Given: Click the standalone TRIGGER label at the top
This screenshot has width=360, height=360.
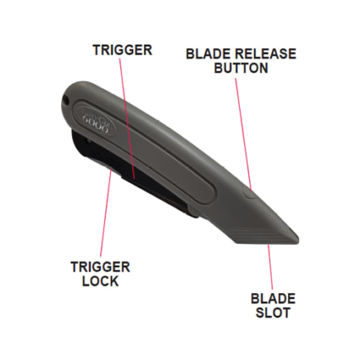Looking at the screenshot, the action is (x=122, y=50).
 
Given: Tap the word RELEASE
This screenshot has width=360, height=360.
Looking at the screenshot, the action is (x=262, y=54).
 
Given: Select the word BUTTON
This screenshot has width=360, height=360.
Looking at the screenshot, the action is (x=241, y=68).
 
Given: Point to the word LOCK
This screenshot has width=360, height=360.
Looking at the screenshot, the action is (x=100, y=281).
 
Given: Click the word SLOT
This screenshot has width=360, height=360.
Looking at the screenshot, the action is (x=273, y=313).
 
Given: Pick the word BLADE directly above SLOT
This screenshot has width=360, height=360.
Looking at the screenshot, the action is (x=273, y=299).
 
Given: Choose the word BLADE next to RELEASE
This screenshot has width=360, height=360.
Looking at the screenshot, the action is (x=205, y=54).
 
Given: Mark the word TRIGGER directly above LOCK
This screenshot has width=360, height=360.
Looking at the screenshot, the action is (x=100, y=267).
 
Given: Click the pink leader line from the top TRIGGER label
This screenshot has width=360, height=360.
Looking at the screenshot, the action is (x=127, y=118).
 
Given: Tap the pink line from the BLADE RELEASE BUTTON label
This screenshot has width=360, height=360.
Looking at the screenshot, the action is (x=243, y=134).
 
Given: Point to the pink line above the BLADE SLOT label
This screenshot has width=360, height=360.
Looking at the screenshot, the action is (x=271, y=266).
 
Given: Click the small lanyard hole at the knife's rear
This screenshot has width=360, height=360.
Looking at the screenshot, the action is (x=65, y=99).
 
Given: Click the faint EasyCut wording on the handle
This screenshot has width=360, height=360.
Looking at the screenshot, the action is (x=94, y=113).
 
